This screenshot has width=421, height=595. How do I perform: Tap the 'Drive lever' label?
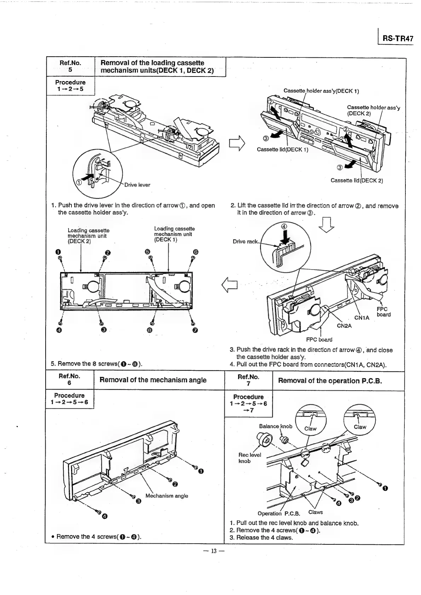(137, 185)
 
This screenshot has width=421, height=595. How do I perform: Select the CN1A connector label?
(362, 318)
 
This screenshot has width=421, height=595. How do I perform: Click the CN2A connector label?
(344, 326)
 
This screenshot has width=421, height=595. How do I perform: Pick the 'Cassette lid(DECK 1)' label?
(282, 149)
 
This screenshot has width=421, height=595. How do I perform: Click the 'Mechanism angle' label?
(167, 495)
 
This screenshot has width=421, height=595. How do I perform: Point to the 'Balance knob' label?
(276, 426)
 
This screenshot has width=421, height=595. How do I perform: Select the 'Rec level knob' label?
(249, 458)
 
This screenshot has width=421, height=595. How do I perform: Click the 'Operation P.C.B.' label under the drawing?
(279, 514)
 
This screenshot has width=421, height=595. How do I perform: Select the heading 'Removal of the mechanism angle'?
(153, 380)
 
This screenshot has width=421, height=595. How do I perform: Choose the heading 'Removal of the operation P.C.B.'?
(330, 381)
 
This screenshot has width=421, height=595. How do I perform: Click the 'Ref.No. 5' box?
(70, 66)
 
